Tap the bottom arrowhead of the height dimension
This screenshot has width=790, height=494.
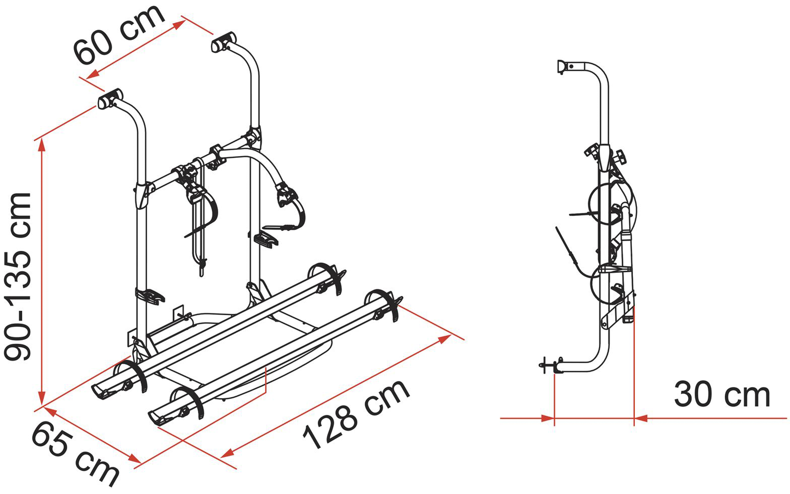click(x=42, y=398)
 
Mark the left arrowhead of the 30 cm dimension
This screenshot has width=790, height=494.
click(x=548, y=418)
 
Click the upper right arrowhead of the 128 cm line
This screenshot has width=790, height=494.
click(x=444, y=339)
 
